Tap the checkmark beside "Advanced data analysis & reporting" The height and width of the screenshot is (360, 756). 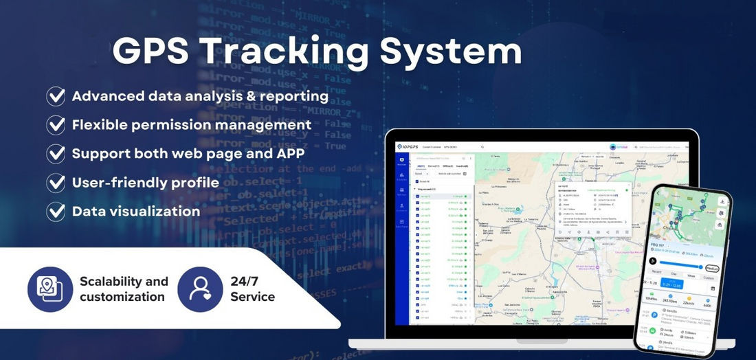coord(56,96)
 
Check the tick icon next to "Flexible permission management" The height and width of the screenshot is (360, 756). coord(56,125)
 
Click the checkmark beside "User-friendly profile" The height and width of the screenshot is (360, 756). coord(56,183)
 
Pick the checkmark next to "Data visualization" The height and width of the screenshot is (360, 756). coord(56,212)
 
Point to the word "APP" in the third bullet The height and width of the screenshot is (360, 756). coord(289,153)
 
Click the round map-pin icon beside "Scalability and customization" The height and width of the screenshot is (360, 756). coord(50,289)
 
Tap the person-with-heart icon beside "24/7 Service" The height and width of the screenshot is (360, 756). coord(200,289)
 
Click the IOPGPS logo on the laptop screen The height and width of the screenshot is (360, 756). coord(410,147)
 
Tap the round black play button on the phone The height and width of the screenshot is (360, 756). coord(653,261)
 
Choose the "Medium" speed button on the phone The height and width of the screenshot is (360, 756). coord(712,269)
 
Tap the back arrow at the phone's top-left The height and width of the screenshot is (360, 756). coord(656,194)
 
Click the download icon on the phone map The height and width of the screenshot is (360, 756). coord(722,201)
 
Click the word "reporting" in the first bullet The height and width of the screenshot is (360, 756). coord(291,96)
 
